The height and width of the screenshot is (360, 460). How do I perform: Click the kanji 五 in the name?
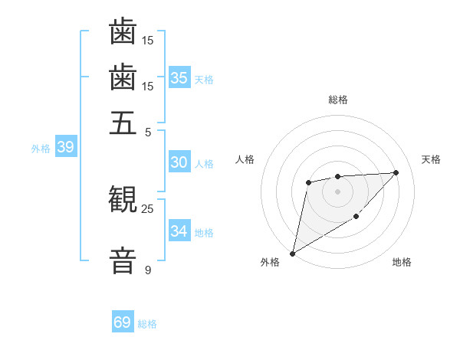(x=123, y=123)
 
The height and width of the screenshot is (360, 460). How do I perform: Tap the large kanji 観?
(x=123, y=201)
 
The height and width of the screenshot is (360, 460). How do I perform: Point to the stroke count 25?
(x=147, y=208)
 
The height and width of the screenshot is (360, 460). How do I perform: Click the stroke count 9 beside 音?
(x=147, y=270)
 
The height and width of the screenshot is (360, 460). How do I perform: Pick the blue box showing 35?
(x=179, y=77)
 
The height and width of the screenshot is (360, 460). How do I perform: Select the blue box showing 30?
(x=179, y=162)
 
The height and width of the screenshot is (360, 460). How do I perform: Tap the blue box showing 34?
(x=179, y=231)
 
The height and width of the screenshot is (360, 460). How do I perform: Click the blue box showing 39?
(x=65, y=147)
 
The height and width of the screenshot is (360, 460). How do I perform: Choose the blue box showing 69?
(x=123, y=322)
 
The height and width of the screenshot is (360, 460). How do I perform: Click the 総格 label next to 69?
(x=147, y=324)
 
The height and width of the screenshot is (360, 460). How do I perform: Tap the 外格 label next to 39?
(x=41, y=149)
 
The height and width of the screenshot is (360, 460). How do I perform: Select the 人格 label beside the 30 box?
(x=204, y=164)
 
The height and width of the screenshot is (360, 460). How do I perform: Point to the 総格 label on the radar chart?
(x=337, y=100)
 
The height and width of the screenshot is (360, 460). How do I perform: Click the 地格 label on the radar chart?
(x=402, y=263)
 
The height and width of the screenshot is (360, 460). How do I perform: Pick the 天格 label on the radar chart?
(x=431, y=159)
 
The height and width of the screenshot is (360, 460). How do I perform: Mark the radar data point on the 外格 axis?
(x=292, y=253)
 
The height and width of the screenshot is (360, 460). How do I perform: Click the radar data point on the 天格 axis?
(x=396, y=172)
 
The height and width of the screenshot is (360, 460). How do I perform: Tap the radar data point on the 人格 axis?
(x=308, y=182)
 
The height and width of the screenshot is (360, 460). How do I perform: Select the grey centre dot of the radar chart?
(x=337, y=191)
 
